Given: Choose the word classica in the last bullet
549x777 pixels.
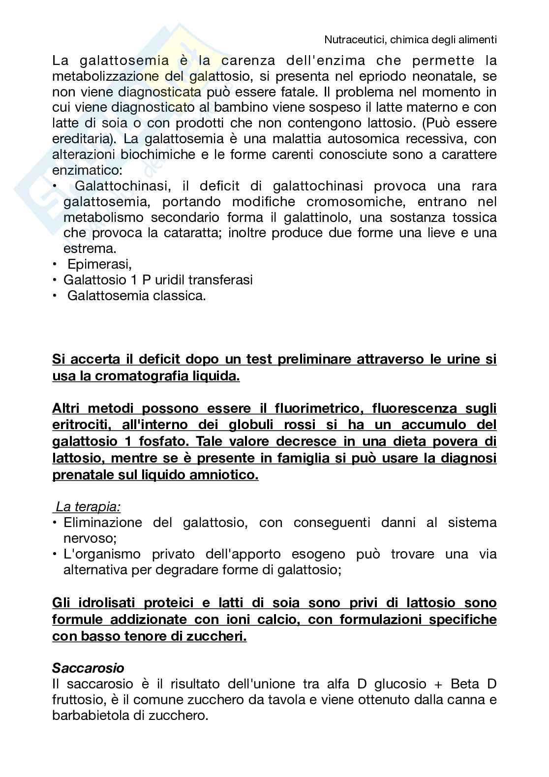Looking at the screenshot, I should [x=179, y=296].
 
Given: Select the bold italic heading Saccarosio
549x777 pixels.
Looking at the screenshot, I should [x=88, y=668].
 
